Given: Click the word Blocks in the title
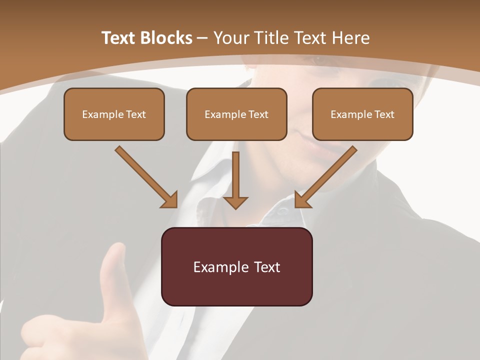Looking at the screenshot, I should (167, 38).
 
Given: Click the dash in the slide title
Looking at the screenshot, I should (202, 38).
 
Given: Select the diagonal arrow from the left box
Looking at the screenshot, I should (145, 175).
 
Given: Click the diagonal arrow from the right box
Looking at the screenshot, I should (327, 175).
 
